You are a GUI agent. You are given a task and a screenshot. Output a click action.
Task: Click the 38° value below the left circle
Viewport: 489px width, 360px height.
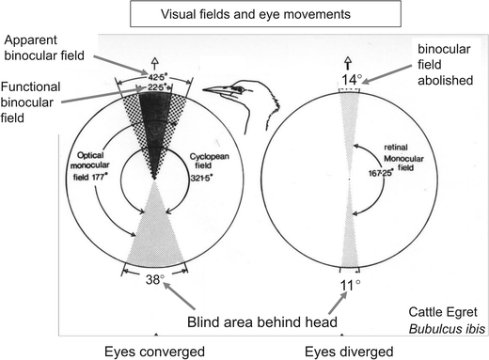tap(154, 278)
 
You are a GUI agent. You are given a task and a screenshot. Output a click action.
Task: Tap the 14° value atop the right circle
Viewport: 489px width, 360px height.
tap(351, 81)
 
